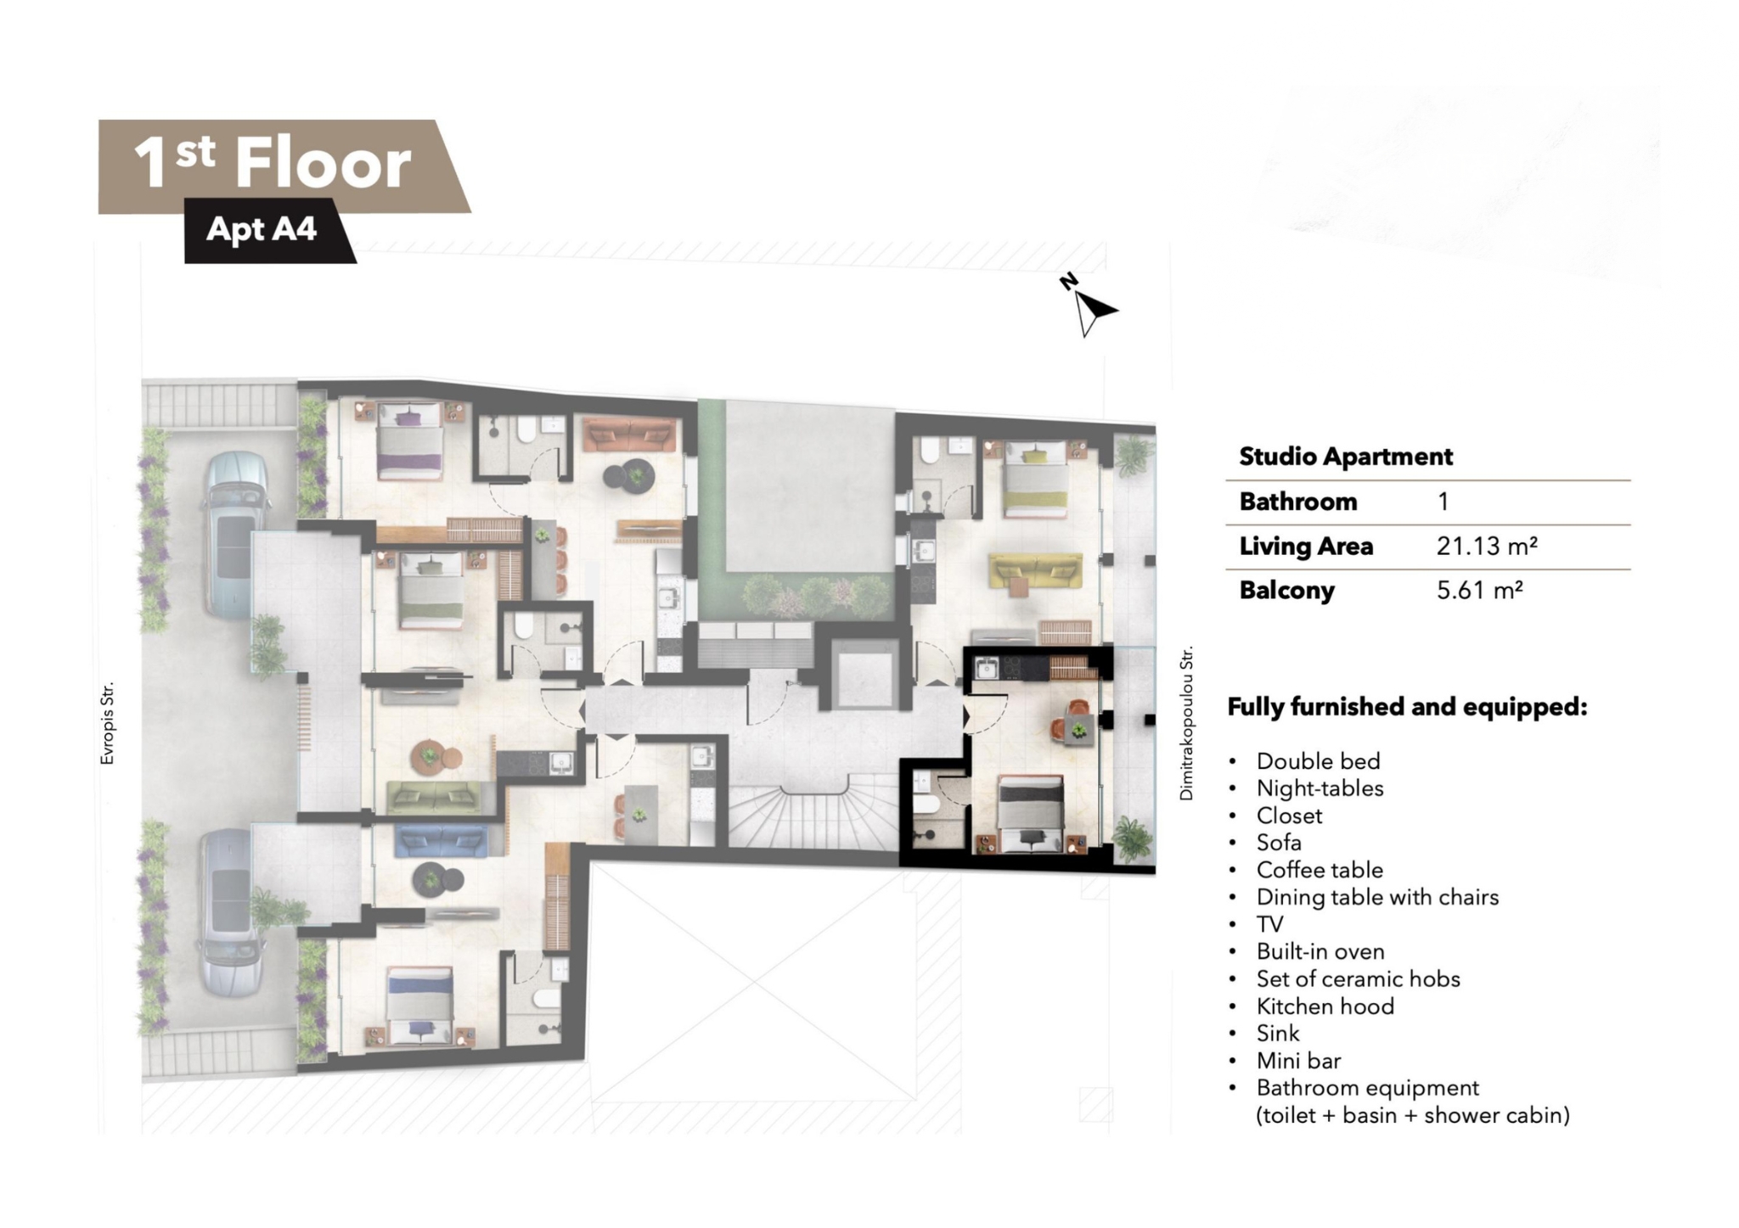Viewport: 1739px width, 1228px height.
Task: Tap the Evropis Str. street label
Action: coord(107,724)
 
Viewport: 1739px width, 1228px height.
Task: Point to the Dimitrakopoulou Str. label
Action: coord(1186,723)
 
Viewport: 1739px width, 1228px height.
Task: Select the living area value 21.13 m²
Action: coord(1487,546)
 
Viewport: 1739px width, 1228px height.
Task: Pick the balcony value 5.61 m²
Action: coord(1479,590)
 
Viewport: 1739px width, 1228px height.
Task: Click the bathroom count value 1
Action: coord(1443,502)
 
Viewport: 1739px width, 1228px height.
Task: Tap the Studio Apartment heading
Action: coord(1346,457)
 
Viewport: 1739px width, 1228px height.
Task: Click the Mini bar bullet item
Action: coord(1298,1060)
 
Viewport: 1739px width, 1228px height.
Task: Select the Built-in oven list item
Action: coord(1320,951)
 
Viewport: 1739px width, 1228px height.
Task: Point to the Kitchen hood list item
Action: coord(1325,1006)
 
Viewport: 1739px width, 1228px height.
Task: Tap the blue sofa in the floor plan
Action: coord(441,840)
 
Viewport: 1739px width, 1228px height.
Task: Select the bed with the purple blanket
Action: coord(410,441)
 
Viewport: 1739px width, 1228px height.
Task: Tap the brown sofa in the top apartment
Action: coord(629,435)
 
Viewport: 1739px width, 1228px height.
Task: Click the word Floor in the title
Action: coord(323,162)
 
